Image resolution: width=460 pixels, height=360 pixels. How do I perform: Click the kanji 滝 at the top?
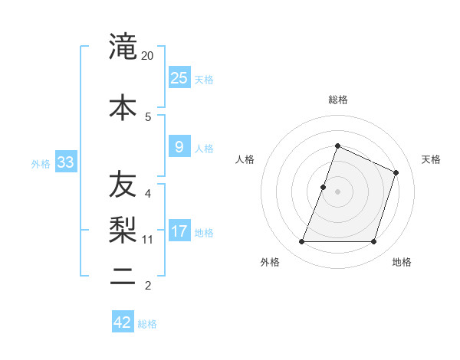click(x=123, y=47)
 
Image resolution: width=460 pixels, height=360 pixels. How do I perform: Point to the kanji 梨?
click(x=123, y=228)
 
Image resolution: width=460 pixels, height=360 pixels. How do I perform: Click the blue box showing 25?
click(x=179, y=77)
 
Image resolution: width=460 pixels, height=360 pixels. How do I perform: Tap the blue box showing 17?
click(x=179, y=231)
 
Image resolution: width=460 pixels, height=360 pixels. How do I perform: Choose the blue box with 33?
click(x=65, y=162)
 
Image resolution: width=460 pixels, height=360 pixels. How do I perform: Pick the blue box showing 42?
click(x=123, y=322)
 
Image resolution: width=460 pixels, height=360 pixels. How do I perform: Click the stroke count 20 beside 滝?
click(x=148, y=56)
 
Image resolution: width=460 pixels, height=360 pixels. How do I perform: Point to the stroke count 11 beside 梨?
click(x=148, y=240)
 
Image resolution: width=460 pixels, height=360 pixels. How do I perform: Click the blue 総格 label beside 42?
click(x=147, y=324)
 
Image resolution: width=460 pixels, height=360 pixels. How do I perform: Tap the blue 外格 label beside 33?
click(x=41, y=164)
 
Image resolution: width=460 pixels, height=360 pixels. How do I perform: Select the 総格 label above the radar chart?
click(x=337, y=100)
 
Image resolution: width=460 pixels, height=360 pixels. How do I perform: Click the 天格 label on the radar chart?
click(x=431, y=159)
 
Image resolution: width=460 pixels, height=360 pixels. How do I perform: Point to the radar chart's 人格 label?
click(x=245, y=159)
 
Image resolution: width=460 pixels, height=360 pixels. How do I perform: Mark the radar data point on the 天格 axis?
click(x=396, y=172)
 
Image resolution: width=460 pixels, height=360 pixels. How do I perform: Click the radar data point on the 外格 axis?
click(x=301, y=242)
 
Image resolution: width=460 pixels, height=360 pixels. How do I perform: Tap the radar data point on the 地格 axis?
click(x=373, y=242)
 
